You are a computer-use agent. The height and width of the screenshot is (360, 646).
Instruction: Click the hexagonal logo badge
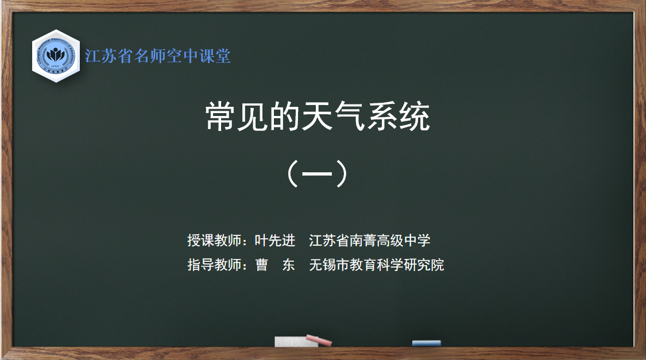(56, 56)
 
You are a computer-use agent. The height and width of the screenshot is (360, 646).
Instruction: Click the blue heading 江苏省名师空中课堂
(157, 56)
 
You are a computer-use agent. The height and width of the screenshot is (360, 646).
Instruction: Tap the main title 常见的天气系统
(318, 117)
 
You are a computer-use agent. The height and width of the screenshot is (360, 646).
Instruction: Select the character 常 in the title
(221, 117)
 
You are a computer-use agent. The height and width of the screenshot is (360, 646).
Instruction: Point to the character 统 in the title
(415, 117)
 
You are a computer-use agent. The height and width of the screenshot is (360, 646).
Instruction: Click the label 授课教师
(214, 240)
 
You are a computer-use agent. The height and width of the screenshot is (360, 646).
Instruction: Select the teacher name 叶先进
(275, 240)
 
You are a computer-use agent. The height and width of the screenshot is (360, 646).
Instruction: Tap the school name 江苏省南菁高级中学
(370, 240)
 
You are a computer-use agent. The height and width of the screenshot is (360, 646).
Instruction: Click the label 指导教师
(214, 265)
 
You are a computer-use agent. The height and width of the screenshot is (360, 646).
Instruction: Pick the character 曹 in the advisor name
(262, 265)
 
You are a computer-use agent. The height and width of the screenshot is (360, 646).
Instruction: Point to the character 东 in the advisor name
(288, 265)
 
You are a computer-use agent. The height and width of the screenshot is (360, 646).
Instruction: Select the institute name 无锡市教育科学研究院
(377, 265)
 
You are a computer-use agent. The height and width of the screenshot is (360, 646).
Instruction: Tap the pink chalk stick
(319, 340)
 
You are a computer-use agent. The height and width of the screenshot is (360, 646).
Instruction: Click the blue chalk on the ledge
(427, 343)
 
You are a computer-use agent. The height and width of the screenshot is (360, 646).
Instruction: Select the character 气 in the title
(350, 117)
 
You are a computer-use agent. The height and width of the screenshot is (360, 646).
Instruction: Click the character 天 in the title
(318, 117)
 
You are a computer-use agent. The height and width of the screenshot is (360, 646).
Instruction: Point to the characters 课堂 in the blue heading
(215, 56)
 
